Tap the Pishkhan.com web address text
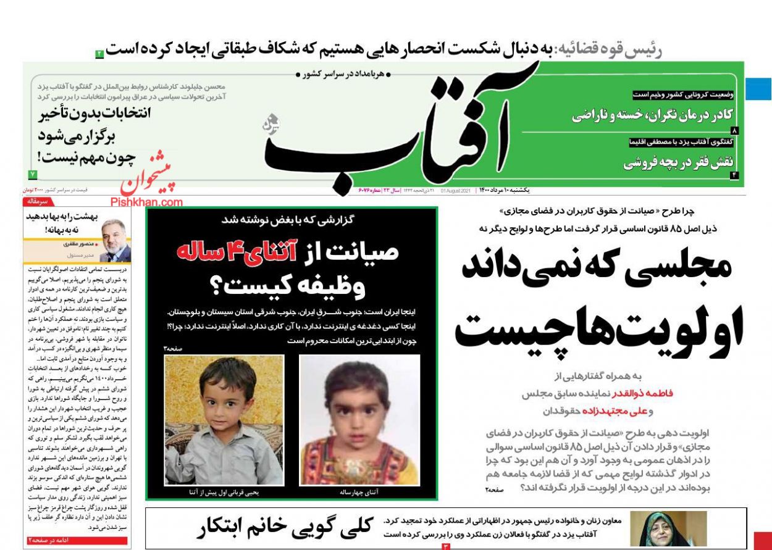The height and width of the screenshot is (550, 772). [x=147, y=202]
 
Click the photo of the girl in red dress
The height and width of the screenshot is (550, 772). [x=359, y=420]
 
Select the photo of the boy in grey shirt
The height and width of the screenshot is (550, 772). [x=224, y=420]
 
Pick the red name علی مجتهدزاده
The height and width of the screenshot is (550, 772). [x=618, y=410]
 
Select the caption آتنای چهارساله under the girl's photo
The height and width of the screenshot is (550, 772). [x=359, y=493]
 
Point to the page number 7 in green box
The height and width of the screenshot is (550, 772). [x=33, y=175]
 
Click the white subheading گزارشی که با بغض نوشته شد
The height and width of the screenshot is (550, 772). [x=292, y=219]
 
